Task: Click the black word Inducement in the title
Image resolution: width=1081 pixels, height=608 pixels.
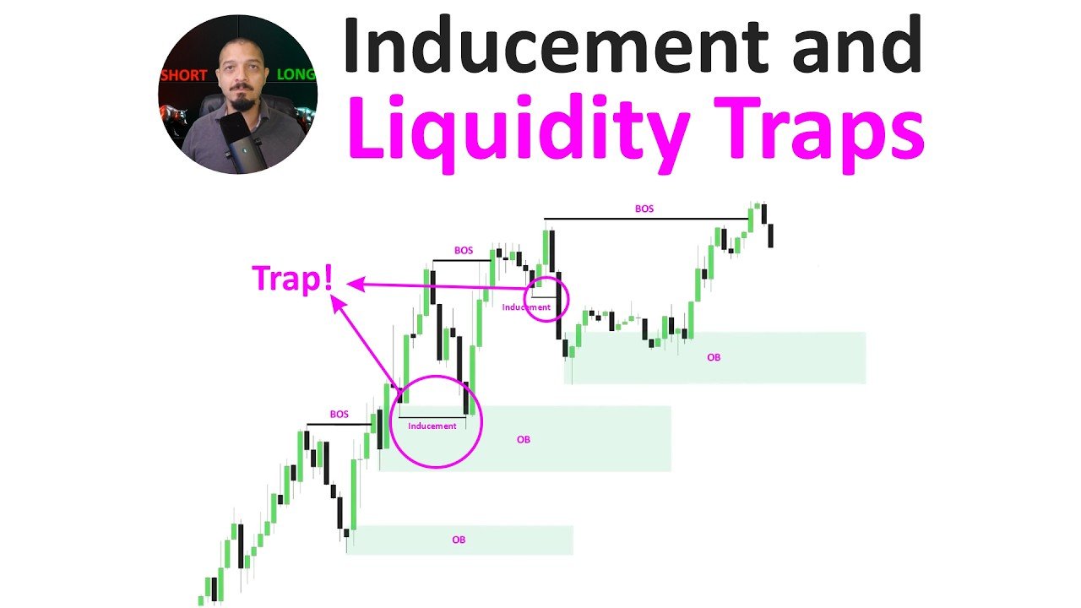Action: click(556, 45)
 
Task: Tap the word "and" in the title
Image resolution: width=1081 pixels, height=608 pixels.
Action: click(857, 45)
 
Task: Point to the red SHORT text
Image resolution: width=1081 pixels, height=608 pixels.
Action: click(184, 75)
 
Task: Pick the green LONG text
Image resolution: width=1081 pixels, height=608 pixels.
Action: click(296, 74)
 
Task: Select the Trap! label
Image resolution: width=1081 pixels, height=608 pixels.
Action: click(292, 279)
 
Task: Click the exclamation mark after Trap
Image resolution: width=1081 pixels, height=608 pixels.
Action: click(329, 278)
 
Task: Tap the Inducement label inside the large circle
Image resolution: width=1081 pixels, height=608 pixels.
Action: click(432, 426)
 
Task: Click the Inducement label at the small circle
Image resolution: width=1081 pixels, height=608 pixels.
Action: click(526, 307)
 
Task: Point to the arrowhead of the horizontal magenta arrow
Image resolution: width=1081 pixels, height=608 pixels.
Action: click(356, 285)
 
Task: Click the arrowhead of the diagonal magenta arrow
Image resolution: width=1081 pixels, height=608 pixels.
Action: click(338, 304)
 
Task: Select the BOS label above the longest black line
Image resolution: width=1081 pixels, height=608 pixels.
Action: click(644, 209)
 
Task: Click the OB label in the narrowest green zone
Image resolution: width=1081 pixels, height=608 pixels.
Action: click(459, 540)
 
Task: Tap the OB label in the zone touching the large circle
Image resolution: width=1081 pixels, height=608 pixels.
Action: click(523, 440)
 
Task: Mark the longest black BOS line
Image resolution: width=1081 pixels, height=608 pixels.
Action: click(647, 219)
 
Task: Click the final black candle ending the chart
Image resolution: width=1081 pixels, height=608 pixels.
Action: click(771, 236)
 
